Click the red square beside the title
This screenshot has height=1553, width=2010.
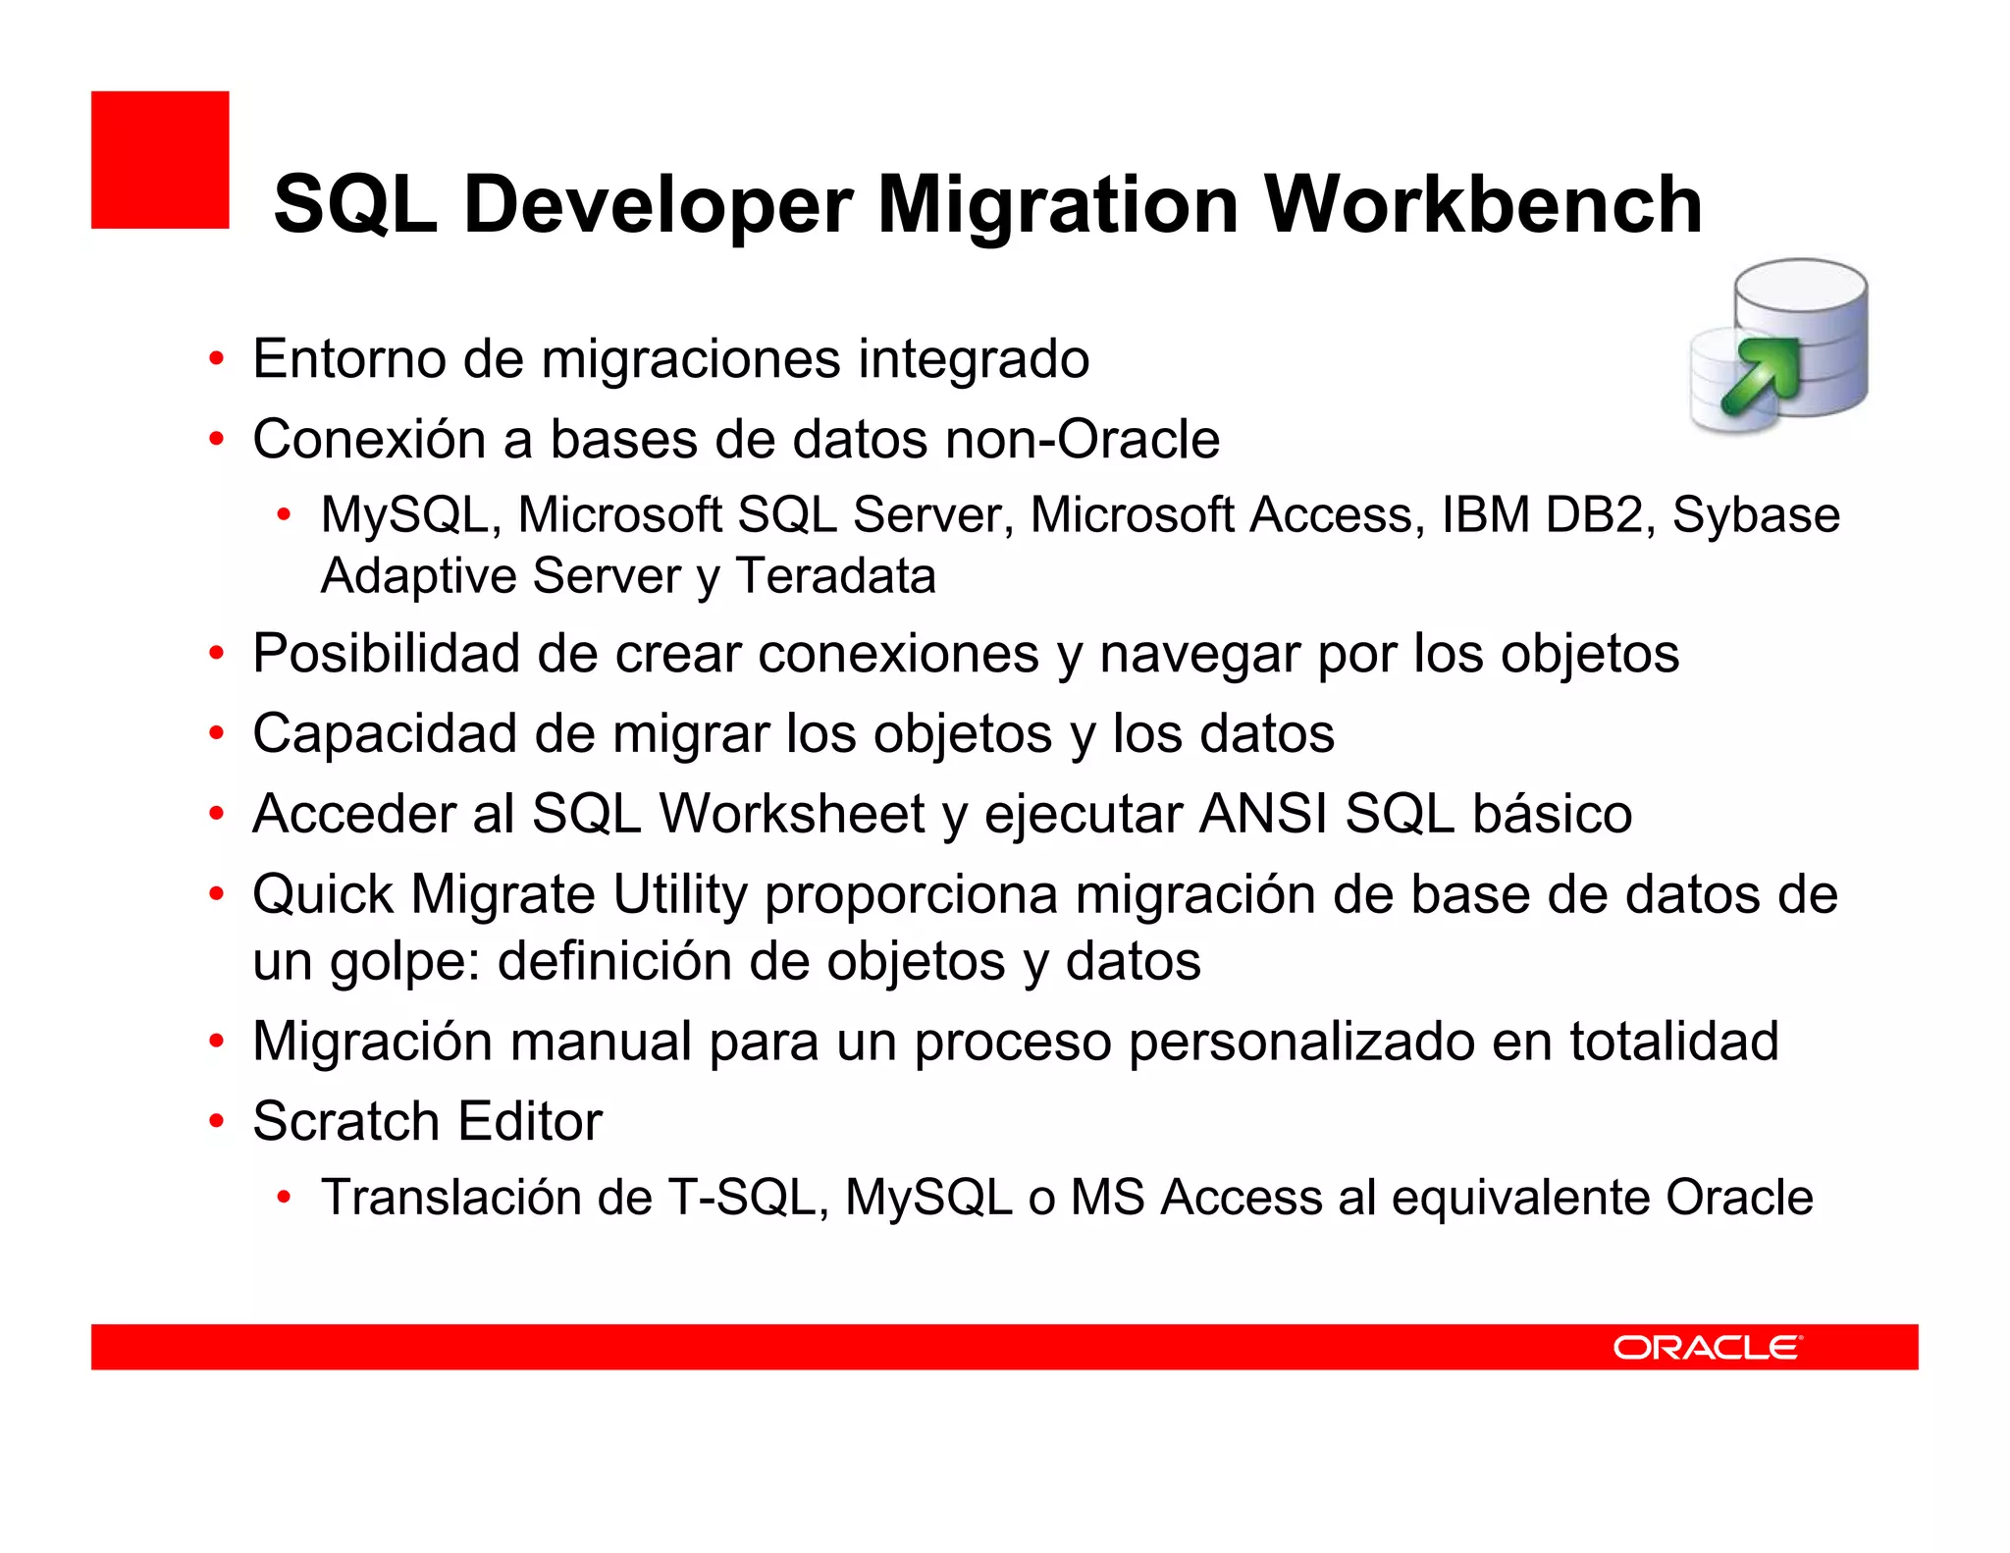coord(160,160)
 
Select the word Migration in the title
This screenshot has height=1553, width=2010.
coord(1058,204)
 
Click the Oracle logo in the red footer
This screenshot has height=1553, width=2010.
coord(1707,1347)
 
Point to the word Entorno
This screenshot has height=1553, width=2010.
coord(349,358)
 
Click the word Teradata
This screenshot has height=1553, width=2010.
coord(835,575)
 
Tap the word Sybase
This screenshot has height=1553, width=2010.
coord(1756,516)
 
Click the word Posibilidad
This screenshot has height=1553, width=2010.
coord(386,654)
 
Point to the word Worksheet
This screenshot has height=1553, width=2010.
coord(791,814)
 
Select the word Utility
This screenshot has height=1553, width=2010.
coord(680,895)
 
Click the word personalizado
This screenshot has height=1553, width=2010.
coord(1301,1042)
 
